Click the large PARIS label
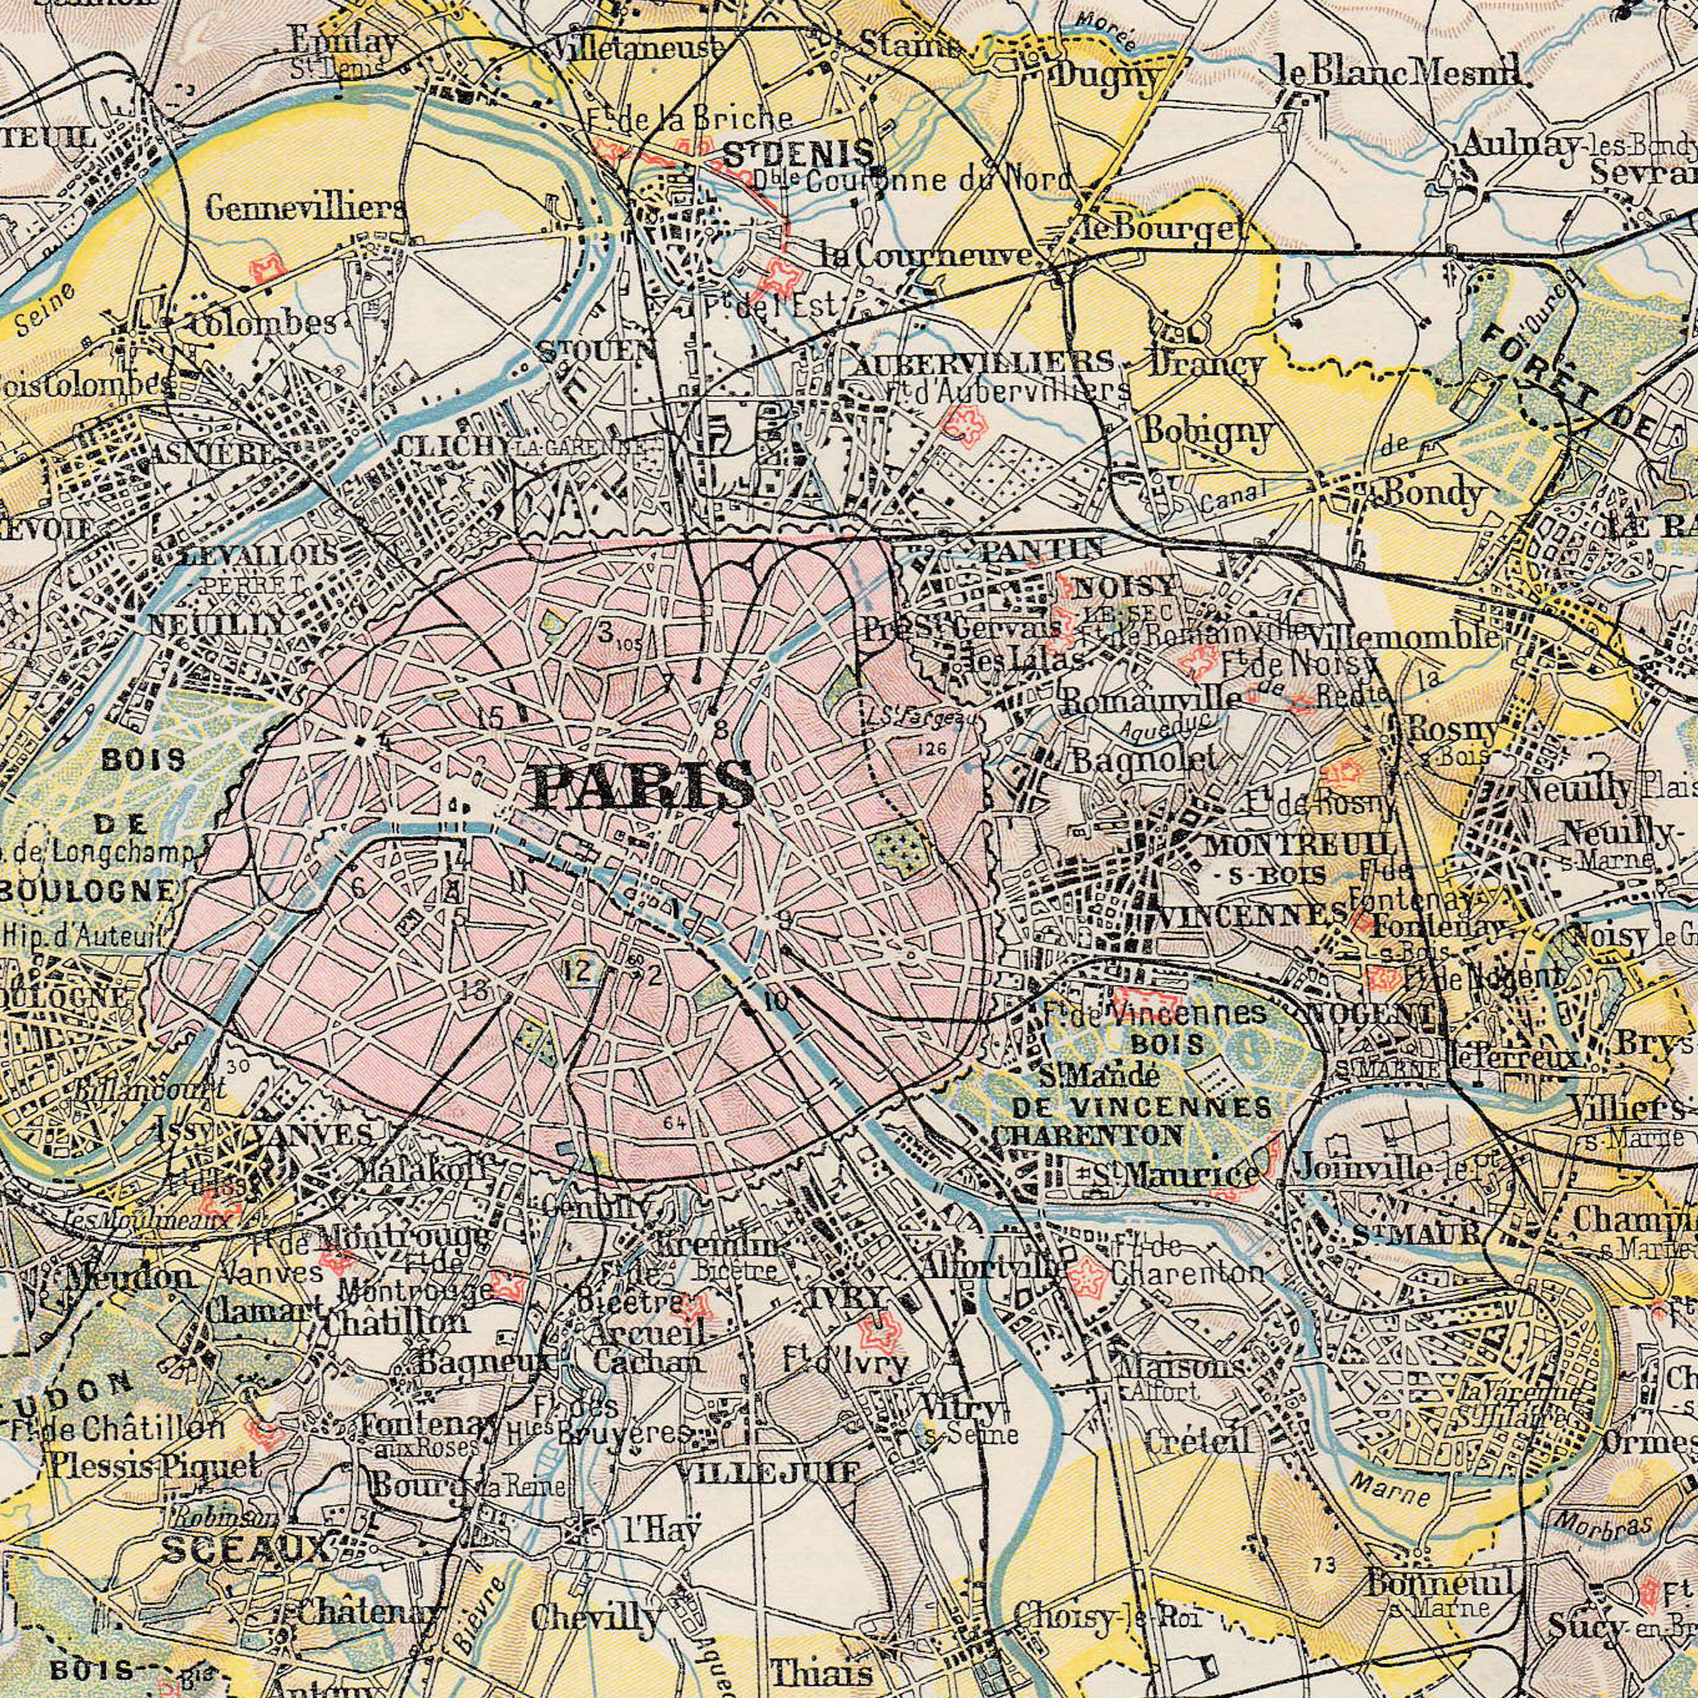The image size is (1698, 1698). pos(644,785)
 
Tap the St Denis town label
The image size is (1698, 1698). pos(798,156)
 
